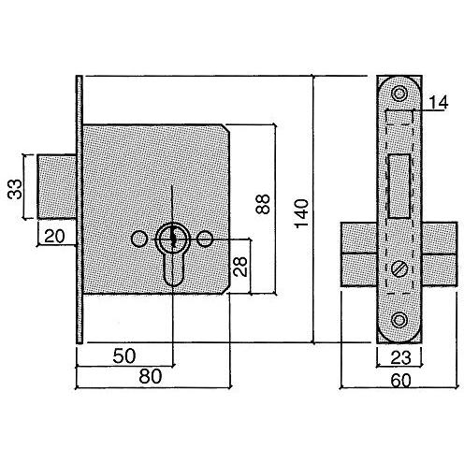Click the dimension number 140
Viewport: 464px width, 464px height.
point(302,213)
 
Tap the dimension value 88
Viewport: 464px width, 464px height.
point(263,204)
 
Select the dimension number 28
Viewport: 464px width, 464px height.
point(240,267)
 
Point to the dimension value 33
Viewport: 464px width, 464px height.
point(15,189)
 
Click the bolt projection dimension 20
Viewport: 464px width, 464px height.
point(54,236)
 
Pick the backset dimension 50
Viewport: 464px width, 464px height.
point(124,355)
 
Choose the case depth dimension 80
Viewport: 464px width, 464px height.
point(151,376)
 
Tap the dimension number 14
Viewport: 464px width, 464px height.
point(439,102)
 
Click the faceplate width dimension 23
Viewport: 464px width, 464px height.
point(400,357)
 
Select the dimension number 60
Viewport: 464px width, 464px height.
point(400,381)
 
